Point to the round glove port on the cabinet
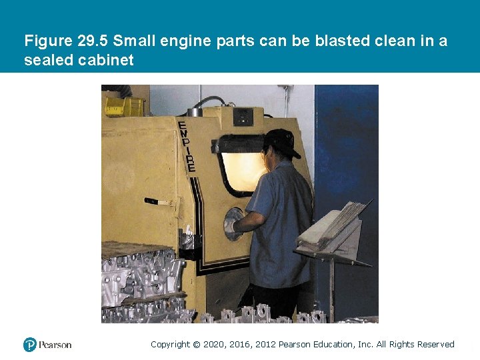pyautogui.click(x=233, y=223)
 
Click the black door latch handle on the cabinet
pyautogui.click(x=153, y=201)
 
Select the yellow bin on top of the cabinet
pyautogui.click(x=123, y=107)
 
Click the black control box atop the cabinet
pyautogui.click(x=243, y=116)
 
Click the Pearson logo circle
pyautogui.click(x=29, y=345)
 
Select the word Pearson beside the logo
pyautogui.click(x=55, y=345)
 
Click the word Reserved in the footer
pyautogui.click(x=435, y=345)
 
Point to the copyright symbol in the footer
pyautogui.click(x=196, y=345)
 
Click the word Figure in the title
pyautogui.click(x=47, y=41)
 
